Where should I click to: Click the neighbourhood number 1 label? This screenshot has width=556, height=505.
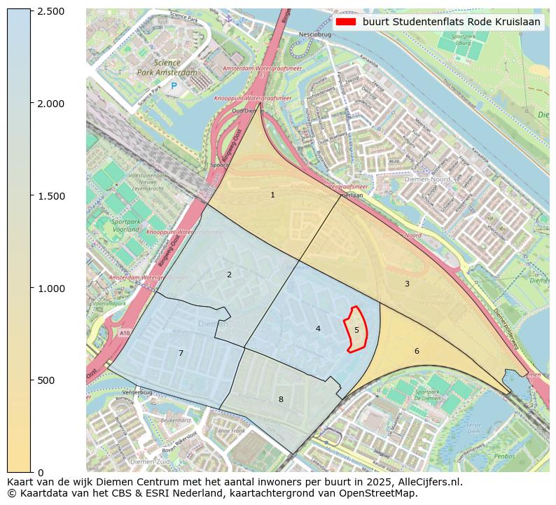pyautogui.click(x=272, y=195)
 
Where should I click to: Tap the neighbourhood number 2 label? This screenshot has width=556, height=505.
pyautogui.click(x=229, y=275)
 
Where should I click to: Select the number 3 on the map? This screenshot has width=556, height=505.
pyautogui.click(x=407, y=284)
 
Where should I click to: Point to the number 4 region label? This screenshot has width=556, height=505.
pyautogui.click(x=318, y=328)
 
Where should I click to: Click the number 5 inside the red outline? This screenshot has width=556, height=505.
pyautogui.click(x=356, y=330)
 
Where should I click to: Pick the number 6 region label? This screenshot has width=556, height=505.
pyautogui.click(x=417, y=351)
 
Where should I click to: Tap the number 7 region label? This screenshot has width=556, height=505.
pyautogui.click(x=181, y=353)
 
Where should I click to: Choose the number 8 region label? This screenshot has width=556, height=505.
pyautogui.click(x=281, y=399)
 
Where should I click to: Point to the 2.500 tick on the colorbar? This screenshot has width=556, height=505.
pyautogui.click(x=50, y=12)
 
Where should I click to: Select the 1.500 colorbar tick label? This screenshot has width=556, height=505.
pyautogui.click(x=50, y=196)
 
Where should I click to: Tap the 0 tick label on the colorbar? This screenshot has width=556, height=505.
pyautogui.click(x=40, y=472)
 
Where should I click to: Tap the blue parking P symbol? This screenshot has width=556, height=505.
pyautogui.click(x=174, y=86)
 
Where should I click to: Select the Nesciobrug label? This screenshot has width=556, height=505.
pyautogui.click(x=313, y=34)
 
